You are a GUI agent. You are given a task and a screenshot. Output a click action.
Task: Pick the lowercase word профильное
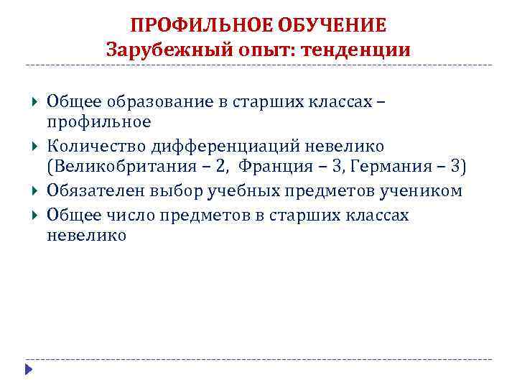coord(98,121)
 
